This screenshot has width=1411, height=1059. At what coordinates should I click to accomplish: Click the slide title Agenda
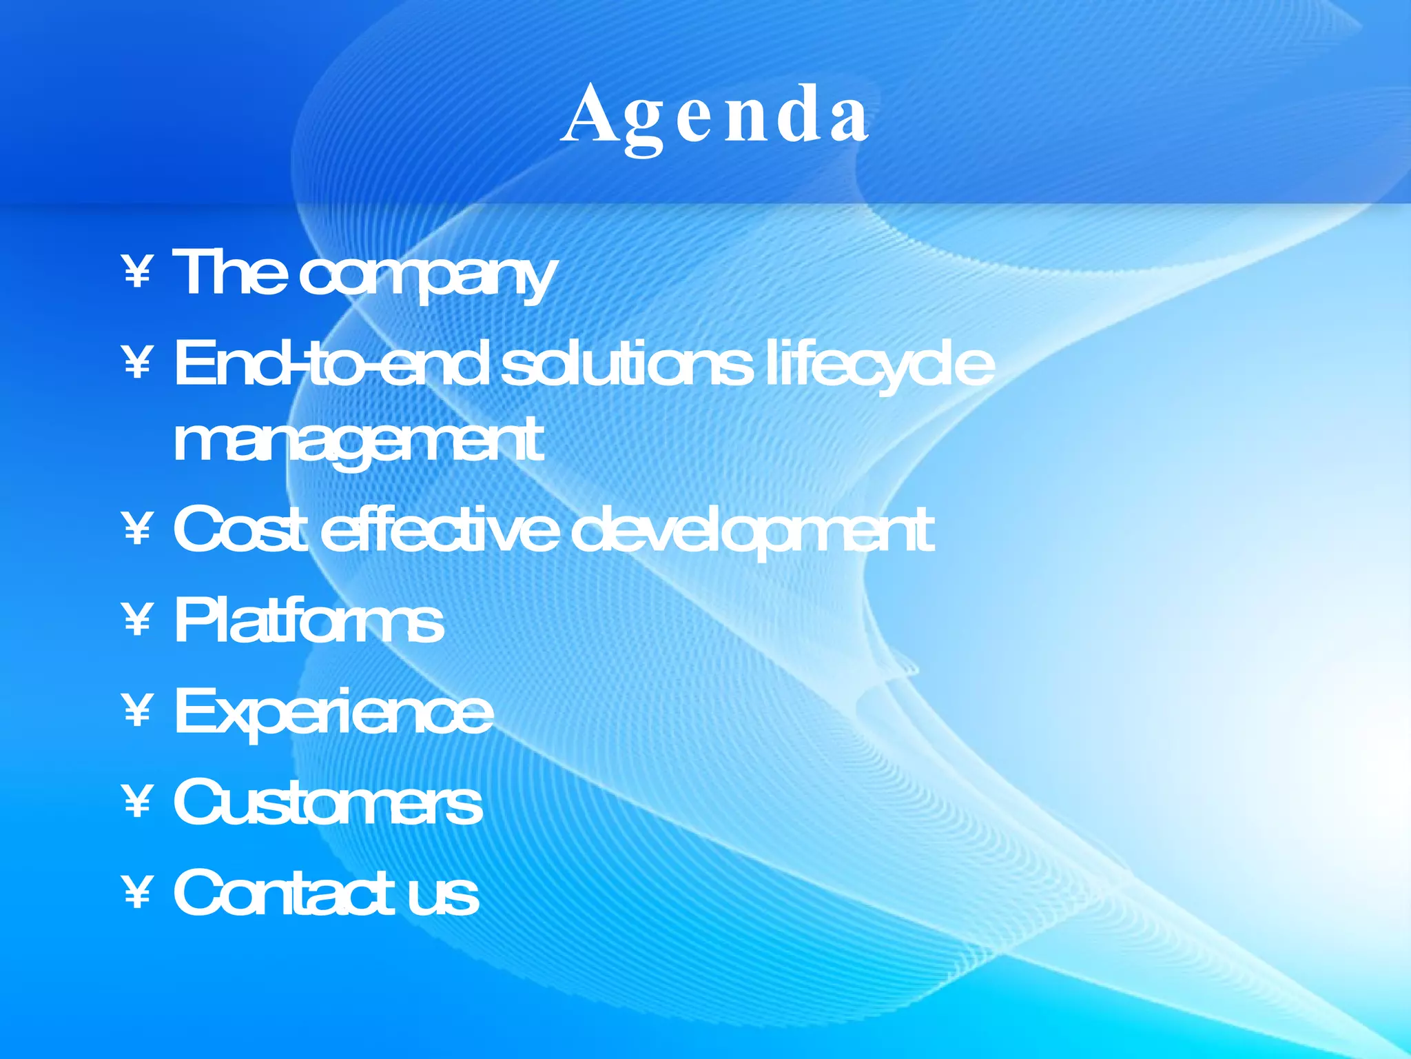pyautogui.click(x=714, y=115)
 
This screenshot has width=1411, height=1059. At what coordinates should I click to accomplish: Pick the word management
pyautogui.click(x=358, y=441)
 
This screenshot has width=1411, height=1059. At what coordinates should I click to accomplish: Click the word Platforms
pyautogui.click(x=309, y=621)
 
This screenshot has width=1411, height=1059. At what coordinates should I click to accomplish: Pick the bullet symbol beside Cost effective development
pyautogui.click(x=138, y=529)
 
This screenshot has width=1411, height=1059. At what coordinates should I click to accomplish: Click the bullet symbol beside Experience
pyautogui.click(x=138, y=711)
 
